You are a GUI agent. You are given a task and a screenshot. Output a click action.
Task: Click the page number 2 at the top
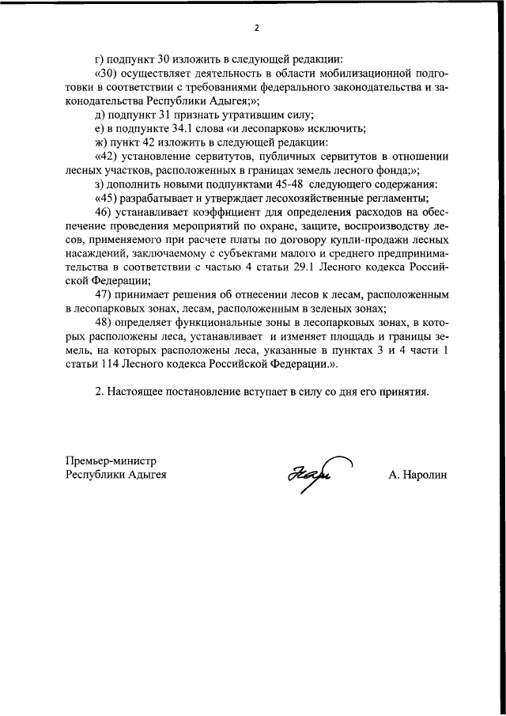pos(256,28)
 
